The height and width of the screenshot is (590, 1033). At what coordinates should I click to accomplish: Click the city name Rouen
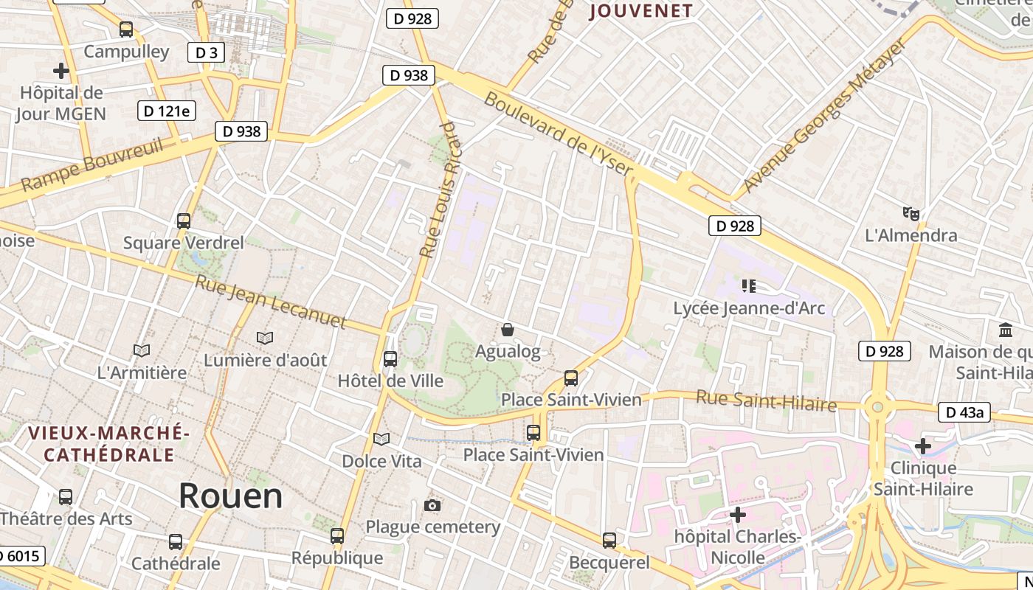coord(230,496)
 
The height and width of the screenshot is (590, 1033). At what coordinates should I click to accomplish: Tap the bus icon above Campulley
coord(126,29)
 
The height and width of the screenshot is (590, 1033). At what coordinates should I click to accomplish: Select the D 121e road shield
coord(166,111)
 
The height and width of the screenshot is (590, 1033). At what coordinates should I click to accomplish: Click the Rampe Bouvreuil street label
coord(92,165)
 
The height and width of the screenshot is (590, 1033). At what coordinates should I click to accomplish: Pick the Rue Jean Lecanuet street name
coord(270,301)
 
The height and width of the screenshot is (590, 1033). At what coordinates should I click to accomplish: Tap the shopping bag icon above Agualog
coord(508,329)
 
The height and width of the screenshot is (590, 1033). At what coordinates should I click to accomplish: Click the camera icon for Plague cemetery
coord(432,505)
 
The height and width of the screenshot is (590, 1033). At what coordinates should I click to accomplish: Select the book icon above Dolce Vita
coord(381,440)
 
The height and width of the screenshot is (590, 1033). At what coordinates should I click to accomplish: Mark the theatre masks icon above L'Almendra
coord(911,214)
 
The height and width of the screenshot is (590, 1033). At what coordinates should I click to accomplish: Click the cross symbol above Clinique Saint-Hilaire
coord(922,445)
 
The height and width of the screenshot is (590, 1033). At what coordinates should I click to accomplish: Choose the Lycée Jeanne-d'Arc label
coord(749,308)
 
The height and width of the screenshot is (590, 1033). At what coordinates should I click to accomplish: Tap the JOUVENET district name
coord(641,11)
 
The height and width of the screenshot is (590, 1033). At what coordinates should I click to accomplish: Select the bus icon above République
coord(337,536)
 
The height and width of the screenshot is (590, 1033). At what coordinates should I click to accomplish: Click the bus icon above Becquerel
coord(609,541)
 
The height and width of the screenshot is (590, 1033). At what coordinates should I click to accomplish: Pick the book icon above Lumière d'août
coord(265,338)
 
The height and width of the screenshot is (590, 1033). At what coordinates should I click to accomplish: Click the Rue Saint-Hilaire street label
coord(766,401)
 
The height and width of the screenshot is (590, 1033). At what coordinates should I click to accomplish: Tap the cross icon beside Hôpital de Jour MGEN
coord(61,71)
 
